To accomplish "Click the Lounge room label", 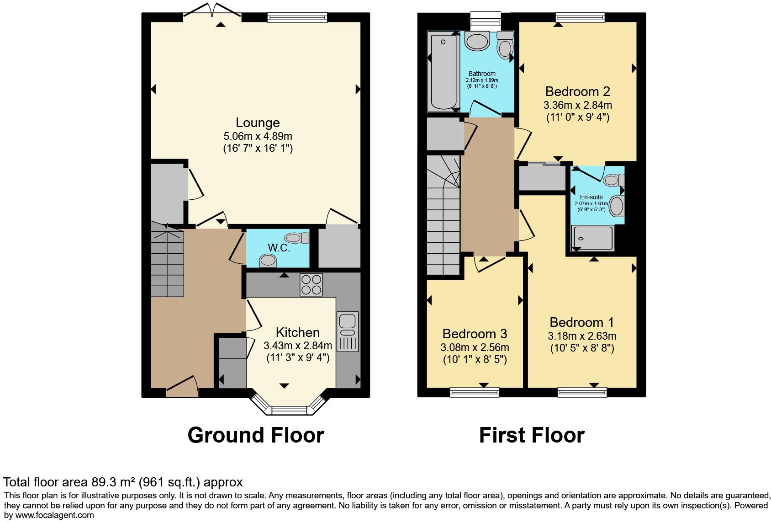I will pos(258,123).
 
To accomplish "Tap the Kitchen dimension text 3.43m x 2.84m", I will pos(298,345).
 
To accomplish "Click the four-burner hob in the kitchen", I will pos(312,284).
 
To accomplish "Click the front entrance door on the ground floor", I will pos(182,386).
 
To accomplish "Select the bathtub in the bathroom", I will pos(443,72).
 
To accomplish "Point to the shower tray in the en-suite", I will pos(593,238).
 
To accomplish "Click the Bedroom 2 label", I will pos(577,91).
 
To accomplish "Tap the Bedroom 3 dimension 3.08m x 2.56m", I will pos(475,347).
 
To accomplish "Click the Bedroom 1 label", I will pos(581,322).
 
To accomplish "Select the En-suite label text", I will pos(591,197).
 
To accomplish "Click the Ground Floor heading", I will pos(256,435).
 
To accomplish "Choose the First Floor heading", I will pos(532,435).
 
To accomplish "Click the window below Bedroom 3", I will pos(474,392).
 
